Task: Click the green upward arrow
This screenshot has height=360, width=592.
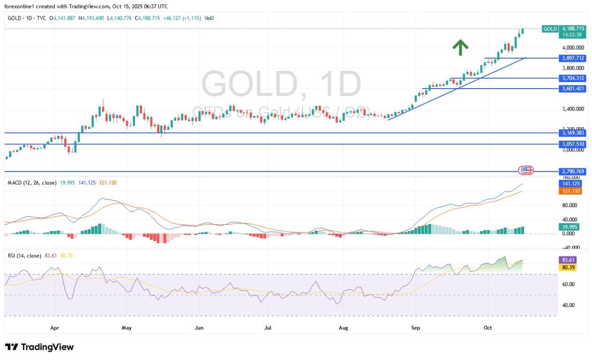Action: pos(460,47)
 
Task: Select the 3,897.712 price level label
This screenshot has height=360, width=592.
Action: pos(573,58)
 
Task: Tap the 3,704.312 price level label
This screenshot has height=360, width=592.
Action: pos(573,78)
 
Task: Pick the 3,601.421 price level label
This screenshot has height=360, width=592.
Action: pos(573,89)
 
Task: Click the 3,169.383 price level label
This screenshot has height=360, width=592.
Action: pos(573,133)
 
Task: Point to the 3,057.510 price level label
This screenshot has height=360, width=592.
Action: pos(573,144)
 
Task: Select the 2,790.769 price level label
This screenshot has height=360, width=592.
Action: pos(573,172)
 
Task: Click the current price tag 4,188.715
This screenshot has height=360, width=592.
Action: pos(573,29)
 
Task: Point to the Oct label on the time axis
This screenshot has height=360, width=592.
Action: pos(488,328)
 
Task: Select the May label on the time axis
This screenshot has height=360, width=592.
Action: pos(127,328)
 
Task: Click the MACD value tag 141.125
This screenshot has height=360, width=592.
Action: pos(571,184)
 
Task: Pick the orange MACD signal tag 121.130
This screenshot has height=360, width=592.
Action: pos(571,191)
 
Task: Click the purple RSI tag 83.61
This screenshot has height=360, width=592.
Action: pos(568,260)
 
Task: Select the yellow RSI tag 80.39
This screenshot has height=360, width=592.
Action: pos(568,267)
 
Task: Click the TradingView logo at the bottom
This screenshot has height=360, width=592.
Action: pos(40,347)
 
